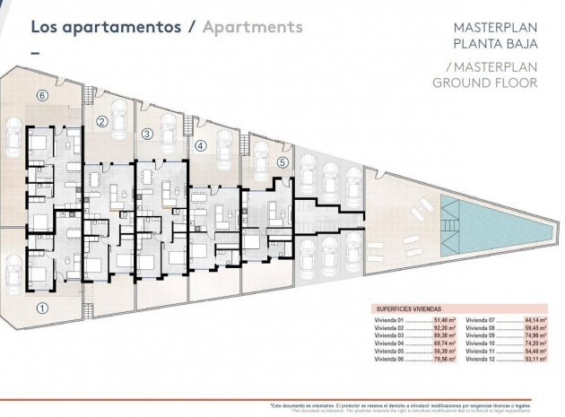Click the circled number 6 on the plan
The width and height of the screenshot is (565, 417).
(x=40, y=94)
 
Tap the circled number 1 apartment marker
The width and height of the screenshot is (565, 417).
(x=41, y=307)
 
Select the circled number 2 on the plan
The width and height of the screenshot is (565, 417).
(x=102, y=122)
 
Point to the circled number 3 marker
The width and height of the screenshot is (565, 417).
(x=147, y=134)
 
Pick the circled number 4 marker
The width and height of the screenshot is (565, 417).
(x=200, y=144)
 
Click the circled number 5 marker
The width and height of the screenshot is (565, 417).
(x=282, y=162)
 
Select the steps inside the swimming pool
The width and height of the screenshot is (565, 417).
(x=448, y=213)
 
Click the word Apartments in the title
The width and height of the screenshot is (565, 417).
(x=252, y=26)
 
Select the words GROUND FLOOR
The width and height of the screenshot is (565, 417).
(x=484, y=83)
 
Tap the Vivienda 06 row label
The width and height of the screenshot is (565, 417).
(x=390, y=359)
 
